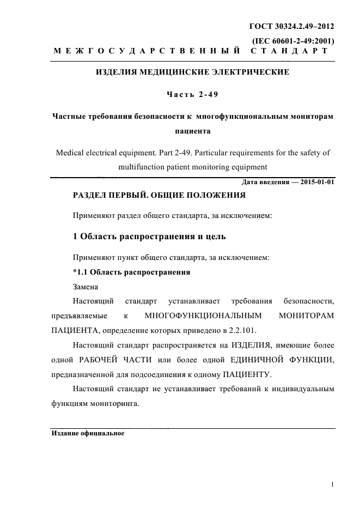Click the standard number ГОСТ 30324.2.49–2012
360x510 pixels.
point(291,26)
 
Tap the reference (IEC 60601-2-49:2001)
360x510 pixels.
point(293,41)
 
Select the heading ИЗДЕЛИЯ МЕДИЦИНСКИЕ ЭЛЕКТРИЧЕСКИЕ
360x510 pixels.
point(192,72)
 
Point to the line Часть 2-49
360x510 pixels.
point(192,94)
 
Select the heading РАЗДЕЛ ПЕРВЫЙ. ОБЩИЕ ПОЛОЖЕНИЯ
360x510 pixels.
point(159,195)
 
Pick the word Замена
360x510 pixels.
point(86,286)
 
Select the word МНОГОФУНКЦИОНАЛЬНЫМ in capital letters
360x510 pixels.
point(204,315)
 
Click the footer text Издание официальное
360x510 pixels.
point(88,434)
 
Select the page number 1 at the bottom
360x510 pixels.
point(332,484)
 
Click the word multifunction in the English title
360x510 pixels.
point(142,167)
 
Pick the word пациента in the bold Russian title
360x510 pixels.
point(192,131)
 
